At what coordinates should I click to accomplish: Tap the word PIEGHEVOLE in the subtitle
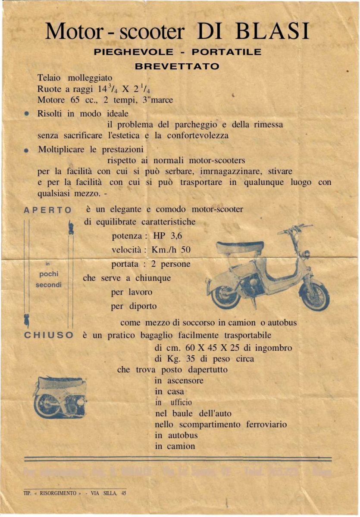[134, 52]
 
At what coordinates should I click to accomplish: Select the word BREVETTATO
[177, 66]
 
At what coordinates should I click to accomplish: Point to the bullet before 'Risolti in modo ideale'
[27, 114]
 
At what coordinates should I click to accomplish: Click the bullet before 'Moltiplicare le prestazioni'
[27, 150]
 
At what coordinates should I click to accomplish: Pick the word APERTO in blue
[48, 210]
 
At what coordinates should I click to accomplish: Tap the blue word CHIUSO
[48, 335]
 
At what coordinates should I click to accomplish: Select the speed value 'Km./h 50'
[171, 250]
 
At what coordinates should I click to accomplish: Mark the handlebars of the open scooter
[295, 228]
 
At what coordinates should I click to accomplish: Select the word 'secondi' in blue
[48, 285]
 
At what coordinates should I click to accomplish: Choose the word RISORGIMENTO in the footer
[58, 493]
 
